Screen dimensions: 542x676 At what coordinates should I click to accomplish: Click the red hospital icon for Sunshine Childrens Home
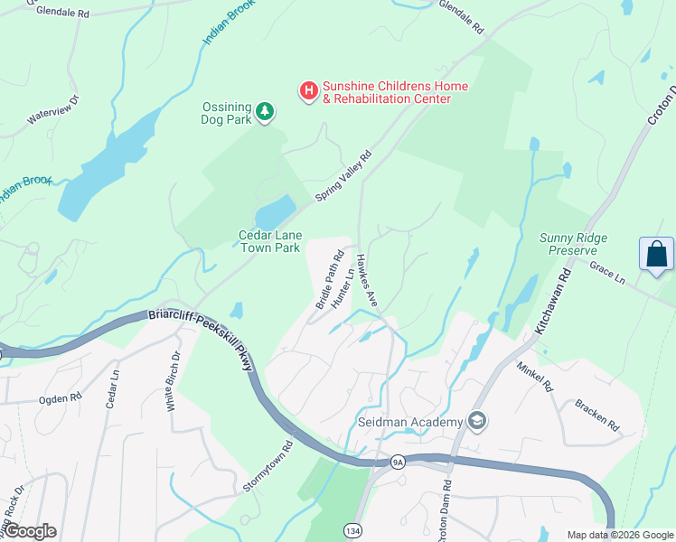[308, 90]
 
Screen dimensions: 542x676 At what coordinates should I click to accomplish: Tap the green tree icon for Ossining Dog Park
[265, 112]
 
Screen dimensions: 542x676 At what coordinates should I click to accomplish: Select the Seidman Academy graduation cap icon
[476, 421]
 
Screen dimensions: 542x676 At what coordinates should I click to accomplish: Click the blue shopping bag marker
[656, 255]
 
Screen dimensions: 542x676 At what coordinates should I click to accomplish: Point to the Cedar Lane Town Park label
[268, 241]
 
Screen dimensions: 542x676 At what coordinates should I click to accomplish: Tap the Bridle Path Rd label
[329, 280]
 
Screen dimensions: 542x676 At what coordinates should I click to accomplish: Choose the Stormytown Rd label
[269, 466]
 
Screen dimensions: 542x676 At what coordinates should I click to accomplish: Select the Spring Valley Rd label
[343, 176]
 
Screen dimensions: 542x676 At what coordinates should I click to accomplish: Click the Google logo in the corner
[31, 531]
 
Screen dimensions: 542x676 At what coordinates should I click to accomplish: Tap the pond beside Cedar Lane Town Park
[275, 213]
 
